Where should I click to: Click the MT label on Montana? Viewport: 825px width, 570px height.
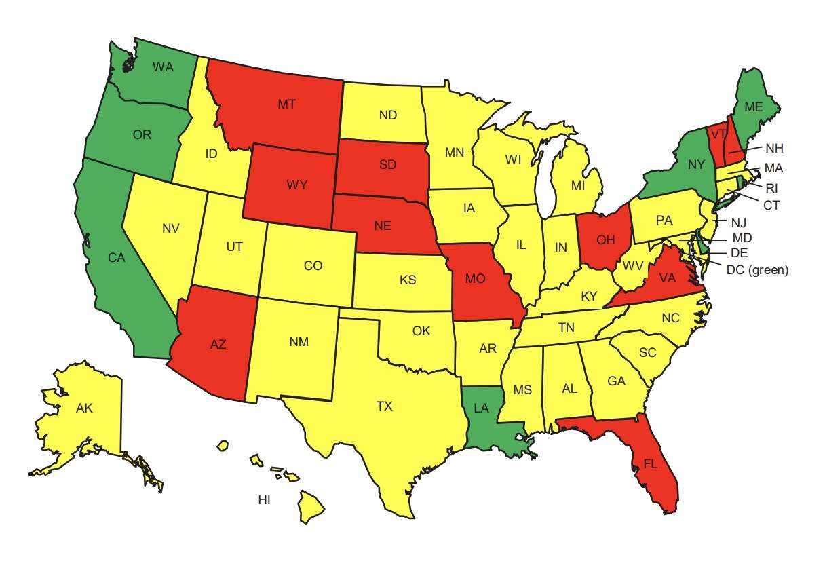tap(286, 104)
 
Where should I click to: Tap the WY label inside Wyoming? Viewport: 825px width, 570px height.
tap(296, 184)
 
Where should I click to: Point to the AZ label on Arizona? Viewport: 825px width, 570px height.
tap(218, 344)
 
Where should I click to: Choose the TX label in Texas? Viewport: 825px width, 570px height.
tap(384, 406)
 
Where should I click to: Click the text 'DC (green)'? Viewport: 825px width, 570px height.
tap(757, 269)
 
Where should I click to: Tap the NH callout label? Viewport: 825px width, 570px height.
tap(774, 148)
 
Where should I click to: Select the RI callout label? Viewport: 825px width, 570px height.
tap(771, 188)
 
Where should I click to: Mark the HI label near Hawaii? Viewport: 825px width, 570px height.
tap(265, 500)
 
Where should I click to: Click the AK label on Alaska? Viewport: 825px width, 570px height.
tap(84, 408)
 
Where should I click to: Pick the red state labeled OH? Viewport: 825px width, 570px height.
tap(606, 239)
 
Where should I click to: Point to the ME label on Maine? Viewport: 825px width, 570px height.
tap(753, 107)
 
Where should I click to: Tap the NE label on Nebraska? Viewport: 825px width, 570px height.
tap(382, 226)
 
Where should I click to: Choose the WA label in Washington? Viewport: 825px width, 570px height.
tap(163, 66)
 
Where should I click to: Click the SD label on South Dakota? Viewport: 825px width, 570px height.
tap(389, 165)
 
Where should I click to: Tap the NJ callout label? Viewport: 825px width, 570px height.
tap(738, 222)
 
